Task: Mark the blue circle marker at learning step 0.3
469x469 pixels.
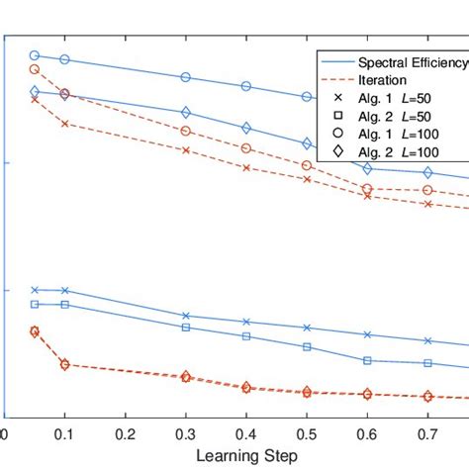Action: (186, 77)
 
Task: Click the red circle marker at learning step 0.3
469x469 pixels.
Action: (186, 131)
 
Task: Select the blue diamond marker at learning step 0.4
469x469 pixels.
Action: (246, 128)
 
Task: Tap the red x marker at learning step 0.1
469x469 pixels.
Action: (65, 124)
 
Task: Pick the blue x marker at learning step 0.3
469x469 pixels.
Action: (186, 316)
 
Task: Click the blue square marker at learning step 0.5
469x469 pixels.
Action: (307, 347)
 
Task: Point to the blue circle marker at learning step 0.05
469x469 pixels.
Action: (35, 55)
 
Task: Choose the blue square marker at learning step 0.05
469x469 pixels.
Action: (35, 304)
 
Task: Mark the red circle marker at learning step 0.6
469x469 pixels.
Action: (367, 189)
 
